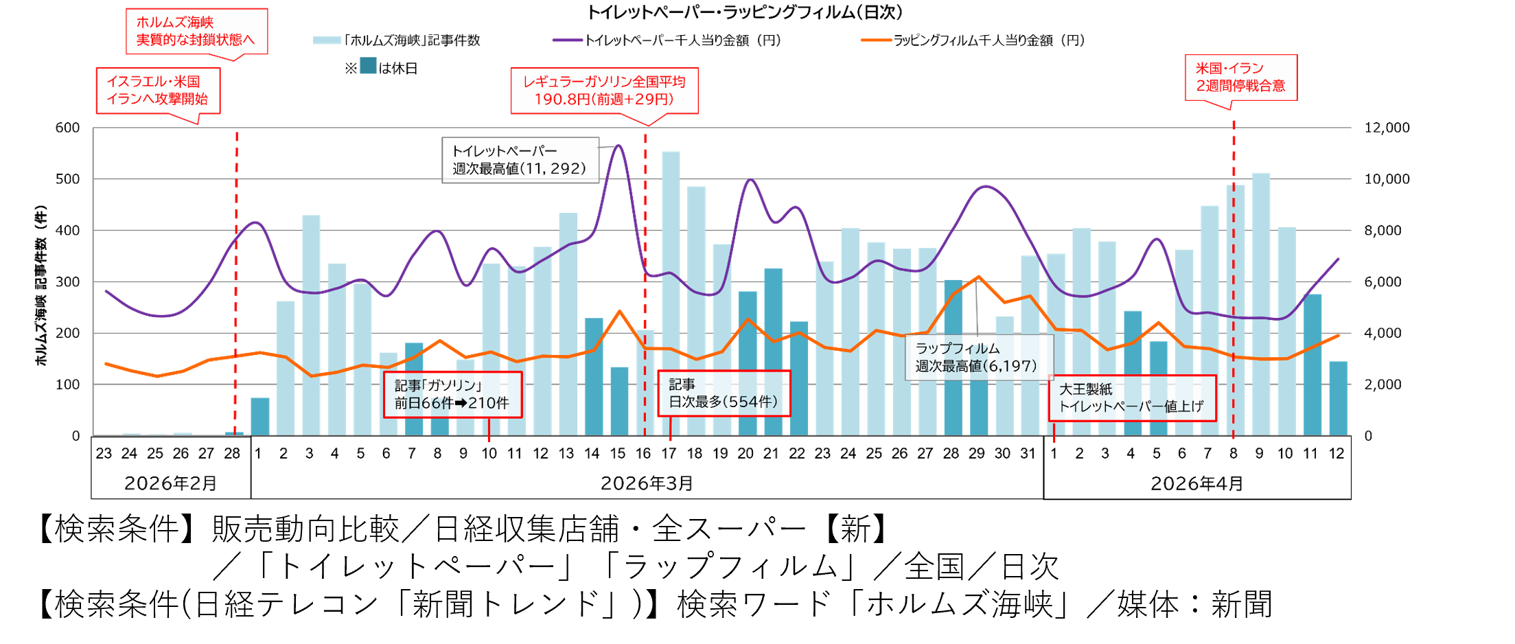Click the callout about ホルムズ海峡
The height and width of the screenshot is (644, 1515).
(x=196, y=31)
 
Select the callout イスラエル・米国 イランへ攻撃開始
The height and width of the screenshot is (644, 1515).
(x=157, y=90)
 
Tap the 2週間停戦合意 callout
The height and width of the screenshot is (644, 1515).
(x=1240, y=77)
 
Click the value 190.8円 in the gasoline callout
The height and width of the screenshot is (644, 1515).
(x=562, y=100)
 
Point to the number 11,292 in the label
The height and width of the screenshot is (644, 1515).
(x=554, y=169)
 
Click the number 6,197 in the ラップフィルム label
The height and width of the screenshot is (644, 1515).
(x=1010, y=367)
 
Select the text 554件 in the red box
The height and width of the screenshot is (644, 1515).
(x=751, y=402)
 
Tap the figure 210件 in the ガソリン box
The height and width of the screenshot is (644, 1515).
(x=488, y=404)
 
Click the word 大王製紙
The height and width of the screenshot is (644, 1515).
(x=1085, y=389)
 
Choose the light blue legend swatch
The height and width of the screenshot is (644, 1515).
(x=327, y=41)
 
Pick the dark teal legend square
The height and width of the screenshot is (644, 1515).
(x=368, y=66)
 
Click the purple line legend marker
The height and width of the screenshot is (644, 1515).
(x=568, y=41)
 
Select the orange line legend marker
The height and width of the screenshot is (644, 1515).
(x=877, y=41)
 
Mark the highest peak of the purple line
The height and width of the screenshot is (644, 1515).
(x=618, y=146)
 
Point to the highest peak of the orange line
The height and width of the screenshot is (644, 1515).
(x=978, y=277)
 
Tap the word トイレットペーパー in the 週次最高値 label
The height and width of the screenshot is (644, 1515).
(x=505, y=151)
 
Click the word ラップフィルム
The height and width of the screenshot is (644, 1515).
(x=957, y=349)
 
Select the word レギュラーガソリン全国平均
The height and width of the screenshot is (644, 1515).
(x=604, y=82)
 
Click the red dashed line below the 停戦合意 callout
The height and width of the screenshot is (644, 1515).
(x=1234, y=275)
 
